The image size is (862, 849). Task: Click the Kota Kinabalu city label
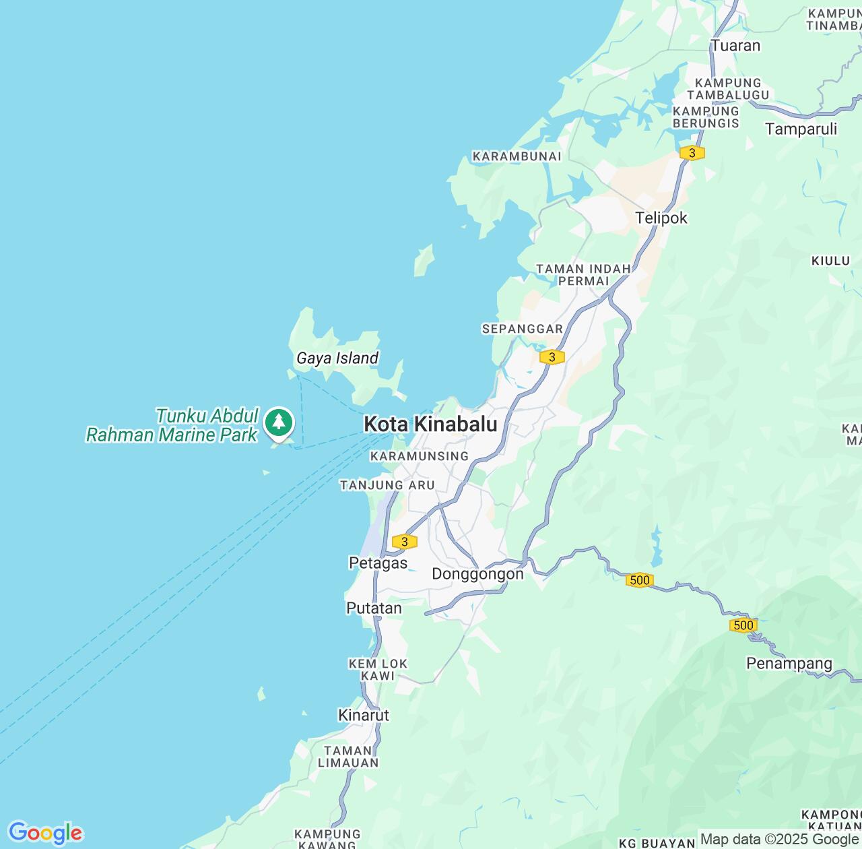pyautogui.click(x=430, y=424)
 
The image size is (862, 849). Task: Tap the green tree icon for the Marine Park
pyautogui.click(x=279, y=422)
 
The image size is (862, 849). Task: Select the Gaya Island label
pyautogui.click(x=337, y=358)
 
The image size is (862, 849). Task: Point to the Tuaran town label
pyautogui.click(x=735, y=46)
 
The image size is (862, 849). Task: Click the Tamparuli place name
pyautogui.click(x=801, y=129)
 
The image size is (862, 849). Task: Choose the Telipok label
pyautogui.click(x=661, y=218)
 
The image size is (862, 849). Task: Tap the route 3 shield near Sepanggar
pyautogui.click(x=552, y=357)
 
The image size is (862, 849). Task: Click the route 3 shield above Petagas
pyautogui.click(x=404, y=542)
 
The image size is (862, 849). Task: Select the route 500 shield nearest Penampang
pyautogui.click(x=743, y=625)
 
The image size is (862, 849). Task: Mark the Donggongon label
pyautogui.click(x=477, y=574)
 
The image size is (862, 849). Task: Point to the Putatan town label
pyautogui.click(x=374, y=608)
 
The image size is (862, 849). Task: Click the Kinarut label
pyautogui.click(x=364, y=715)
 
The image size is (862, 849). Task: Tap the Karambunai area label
pyautogui.click(x=517, y=156)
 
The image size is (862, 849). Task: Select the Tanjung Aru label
pyautogui.click(x=387, y=485)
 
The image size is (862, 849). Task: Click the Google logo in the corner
pyautogui.click(x=45, y=833)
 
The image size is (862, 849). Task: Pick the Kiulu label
pyautogui.click(x=830, y=261)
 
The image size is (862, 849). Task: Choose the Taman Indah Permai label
pyautogui.click(x=583, y=275)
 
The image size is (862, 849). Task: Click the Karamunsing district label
pyautogui.click(x=420, y=456)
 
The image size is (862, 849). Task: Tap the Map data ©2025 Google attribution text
pyautogui.click(x=780, y=840)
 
